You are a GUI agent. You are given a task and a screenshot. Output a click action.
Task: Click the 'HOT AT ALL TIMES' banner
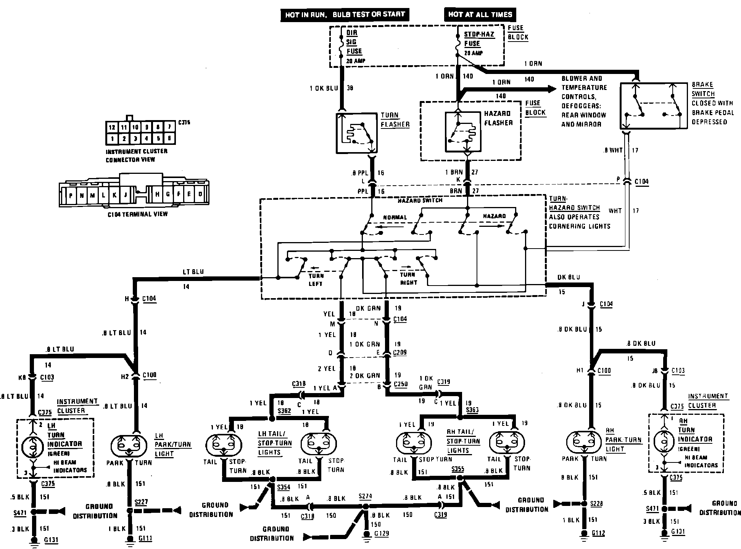point(480,14)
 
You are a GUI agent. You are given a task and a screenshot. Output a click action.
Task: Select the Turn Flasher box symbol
point(357,133)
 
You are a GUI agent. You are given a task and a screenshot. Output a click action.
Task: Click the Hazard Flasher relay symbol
point(463,132)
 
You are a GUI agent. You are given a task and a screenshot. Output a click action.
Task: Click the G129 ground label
point(381,533)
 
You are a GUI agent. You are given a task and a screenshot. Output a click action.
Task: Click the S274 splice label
point(365,496)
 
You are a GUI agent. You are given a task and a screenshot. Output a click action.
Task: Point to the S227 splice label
point(141,502)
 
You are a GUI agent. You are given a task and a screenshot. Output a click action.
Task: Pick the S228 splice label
point(596,504)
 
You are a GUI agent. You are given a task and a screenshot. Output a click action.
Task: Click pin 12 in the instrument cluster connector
point(111,127)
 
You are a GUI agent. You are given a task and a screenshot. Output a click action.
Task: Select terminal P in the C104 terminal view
point(71,196)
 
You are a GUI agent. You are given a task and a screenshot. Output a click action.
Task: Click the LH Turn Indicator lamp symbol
point(32,445)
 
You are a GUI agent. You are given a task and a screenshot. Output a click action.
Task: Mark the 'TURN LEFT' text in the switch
point(316,279)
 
